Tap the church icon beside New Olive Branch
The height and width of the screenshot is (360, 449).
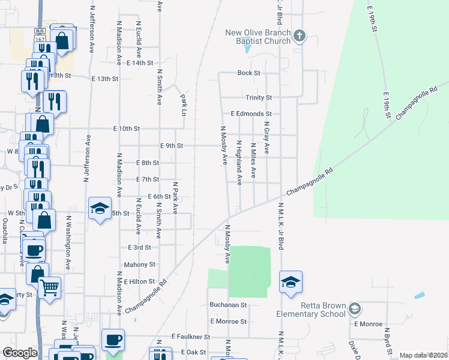point(300,36)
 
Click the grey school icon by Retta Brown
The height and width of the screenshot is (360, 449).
point(355,308)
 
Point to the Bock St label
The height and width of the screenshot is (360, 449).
point(249,73)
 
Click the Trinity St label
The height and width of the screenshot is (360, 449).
point(258,97)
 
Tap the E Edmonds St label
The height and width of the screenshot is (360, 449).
point(251,113)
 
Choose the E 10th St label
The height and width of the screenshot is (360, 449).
point(126,128)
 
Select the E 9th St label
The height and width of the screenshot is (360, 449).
point(171,146)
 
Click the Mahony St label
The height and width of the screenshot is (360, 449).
point(139,264)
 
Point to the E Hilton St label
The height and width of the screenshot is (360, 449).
point(139,281)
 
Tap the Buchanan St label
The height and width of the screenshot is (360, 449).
point(228,305)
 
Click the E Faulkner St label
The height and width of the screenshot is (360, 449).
point(190,337)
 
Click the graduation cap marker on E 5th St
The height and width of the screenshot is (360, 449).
point(100,208)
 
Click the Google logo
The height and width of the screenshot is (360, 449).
point(20,353)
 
